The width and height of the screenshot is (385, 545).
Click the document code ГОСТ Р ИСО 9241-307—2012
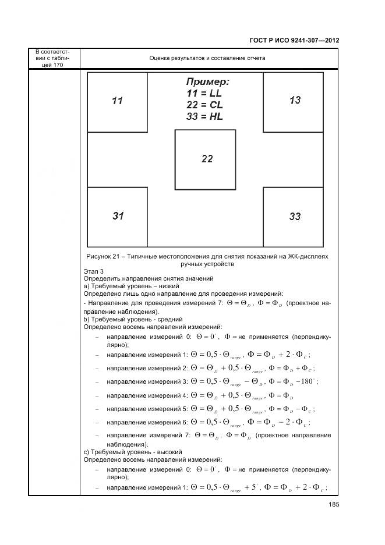click(295, 41)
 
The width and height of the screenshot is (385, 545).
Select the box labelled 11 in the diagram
click(117, 101)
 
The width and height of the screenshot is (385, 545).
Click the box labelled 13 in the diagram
click(295, 100)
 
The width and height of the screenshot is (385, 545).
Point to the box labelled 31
click(118, 216)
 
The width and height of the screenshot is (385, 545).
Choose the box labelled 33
click(295, 217)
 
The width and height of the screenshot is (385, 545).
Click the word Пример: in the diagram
click(207, 82)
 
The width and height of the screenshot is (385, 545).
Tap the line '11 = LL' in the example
click(204, 93)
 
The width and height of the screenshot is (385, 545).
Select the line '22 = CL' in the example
click(204, 105)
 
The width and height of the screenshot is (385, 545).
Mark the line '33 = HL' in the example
click(204, 116)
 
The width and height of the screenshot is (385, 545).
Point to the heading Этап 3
click(94, 271)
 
